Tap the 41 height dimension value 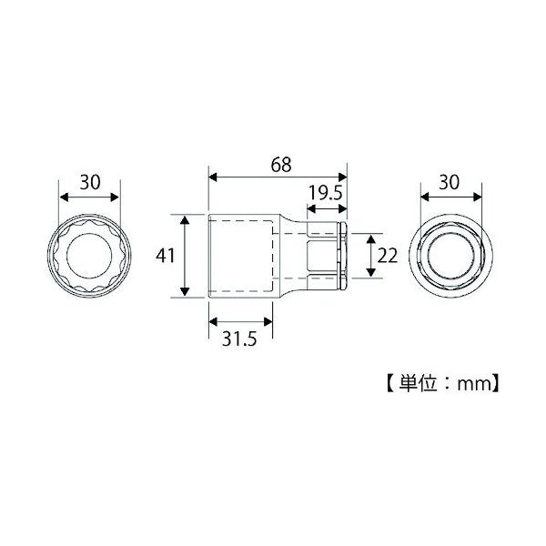coord(165,256)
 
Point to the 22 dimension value coord(387,256)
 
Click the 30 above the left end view coord(89,182)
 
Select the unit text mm coord(473,383)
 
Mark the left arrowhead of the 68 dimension coord(212,178)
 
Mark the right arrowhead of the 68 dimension coord(345,178)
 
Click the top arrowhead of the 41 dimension coord(186,218)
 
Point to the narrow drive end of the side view coord(328,256)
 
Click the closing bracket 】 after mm coord(497,383)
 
